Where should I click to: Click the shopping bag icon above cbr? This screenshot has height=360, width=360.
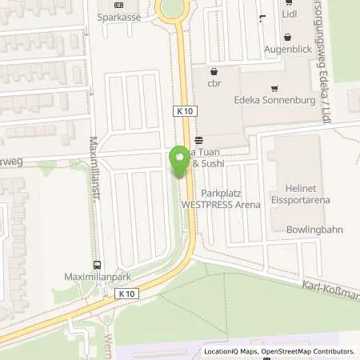pos(212,70)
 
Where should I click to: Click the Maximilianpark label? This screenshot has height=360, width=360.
pos(97,280)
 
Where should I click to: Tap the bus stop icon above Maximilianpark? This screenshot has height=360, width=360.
pos(97,267)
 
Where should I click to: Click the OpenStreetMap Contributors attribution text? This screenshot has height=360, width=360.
pos(304,351)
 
